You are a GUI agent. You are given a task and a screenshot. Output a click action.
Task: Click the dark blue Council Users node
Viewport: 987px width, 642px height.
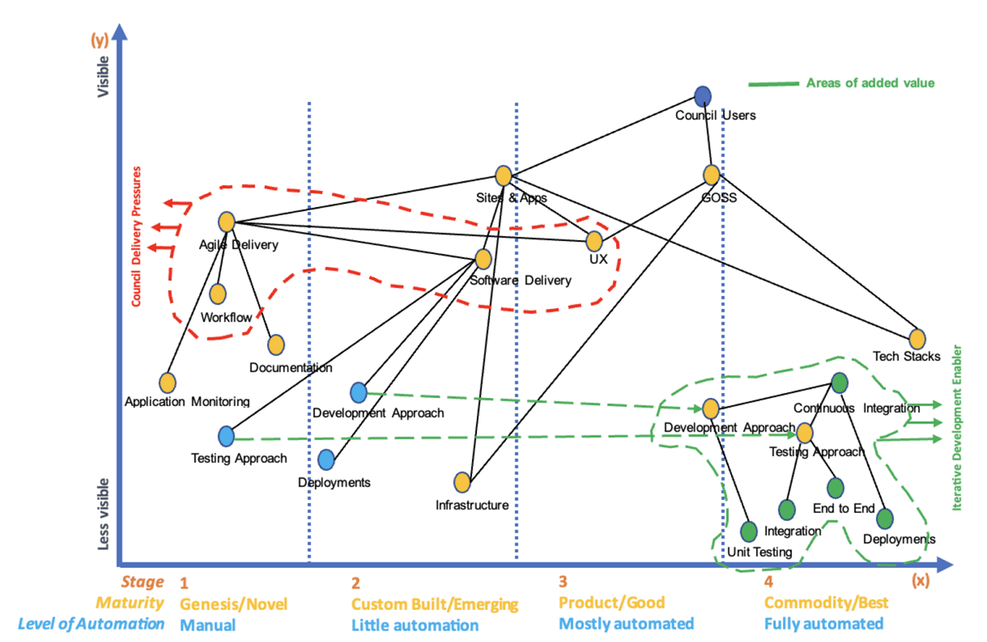(702, 96)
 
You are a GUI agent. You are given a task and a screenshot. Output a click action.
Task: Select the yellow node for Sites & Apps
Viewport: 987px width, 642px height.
(503, 175)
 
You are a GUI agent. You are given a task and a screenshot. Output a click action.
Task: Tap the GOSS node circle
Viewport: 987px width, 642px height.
(711, 174)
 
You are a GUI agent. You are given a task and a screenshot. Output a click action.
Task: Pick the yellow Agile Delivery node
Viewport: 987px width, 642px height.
(227, 221)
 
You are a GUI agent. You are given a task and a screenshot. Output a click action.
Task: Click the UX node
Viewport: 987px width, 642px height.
(595, 241)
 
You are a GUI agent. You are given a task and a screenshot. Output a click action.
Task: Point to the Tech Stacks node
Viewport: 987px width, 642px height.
(917, 338)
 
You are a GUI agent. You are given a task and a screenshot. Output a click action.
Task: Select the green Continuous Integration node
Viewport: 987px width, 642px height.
(839, 382)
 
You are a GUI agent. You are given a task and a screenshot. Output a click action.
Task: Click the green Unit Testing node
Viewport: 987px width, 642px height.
(748, 531)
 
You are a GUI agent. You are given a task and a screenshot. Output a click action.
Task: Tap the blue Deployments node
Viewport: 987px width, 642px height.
(326, 460)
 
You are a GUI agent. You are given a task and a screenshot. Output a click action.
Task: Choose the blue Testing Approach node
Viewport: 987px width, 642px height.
(227, 436)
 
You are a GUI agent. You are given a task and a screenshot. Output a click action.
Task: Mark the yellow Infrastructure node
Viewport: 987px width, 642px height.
(462, 482)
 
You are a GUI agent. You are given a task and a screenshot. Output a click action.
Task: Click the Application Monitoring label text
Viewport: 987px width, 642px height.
(187, 402)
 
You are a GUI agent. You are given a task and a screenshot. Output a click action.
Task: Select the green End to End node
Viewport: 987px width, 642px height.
(836, 488)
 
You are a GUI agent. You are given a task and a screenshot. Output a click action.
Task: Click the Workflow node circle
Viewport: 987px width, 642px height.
(217, 293)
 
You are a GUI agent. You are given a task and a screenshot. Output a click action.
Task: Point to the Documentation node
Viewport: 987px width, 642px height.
(276, 345)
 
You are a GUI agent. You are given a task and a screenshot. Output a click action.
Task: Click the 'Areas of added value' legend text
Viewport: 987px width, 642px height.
(870, 83)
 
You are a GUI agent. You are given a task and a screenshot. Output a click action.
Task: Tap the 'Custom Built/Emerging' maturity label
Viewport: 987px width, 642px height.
(435, 604)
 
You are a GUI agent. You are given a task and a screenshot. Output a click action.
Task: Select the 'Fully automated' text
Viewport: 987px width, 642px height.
(824, 624)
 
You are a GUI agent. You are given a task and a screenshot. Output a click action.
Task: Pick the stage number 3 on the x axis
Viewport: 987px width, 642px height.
(563, 583)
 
